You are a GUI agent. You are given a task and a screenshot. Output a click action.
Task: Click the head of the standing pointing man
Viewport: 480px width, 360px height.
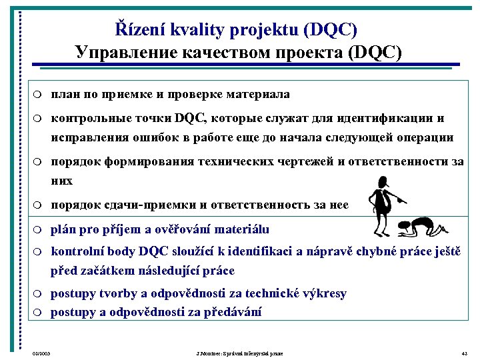pyautogui.click(x=384, y=182)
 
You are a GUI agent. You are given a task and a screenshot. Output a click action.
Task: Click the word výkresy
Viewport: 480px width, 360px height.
pyautogui.click(x=323, y=293)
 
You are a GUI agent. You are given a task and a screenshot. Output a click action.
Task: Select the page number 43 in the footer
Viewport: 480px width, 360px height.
pyautogui.click(x=464, y=353)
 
